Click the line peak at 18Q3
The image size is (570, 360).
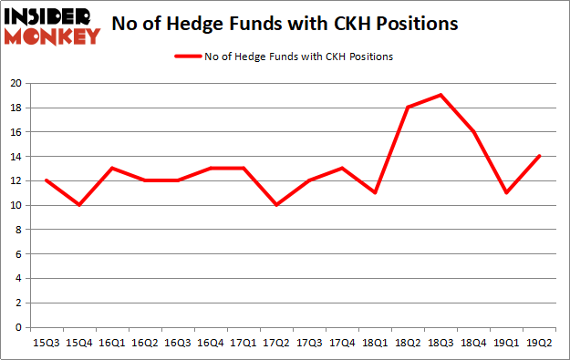pyautogui.click(x=440, y=95)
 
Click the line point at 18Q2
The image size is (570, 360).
pyautogui.click(x=408, y=108)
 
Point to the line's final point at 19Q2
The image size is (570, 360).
pyautogui.click(x=539, y=156)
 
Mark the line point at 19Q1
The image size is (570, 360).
pyautogui.click(x=506, y=192)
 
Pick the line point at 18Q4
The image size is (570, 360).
pyautogui.click(x=473, y=131)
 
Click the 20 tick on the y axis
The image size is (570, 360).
pyautogui.click(x=16, y=83)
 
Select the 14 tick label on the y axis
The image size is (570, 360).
pyautogui.click(x=16, y=157)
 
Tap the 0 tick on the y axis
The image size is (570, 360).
pyautogui.click(x=19, y=327)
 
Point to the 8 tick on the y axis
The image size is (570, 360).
pyautogui.click(x=19, y=230)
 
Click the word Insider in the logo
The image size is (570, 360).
pyautogui.click(x=50, y=15)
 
